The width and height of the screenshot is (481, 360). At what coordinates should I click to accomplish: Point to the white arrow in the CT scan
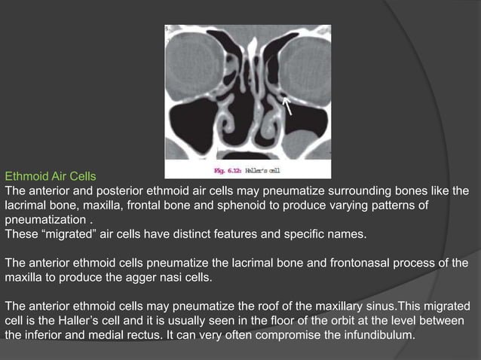click(287, 105)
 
